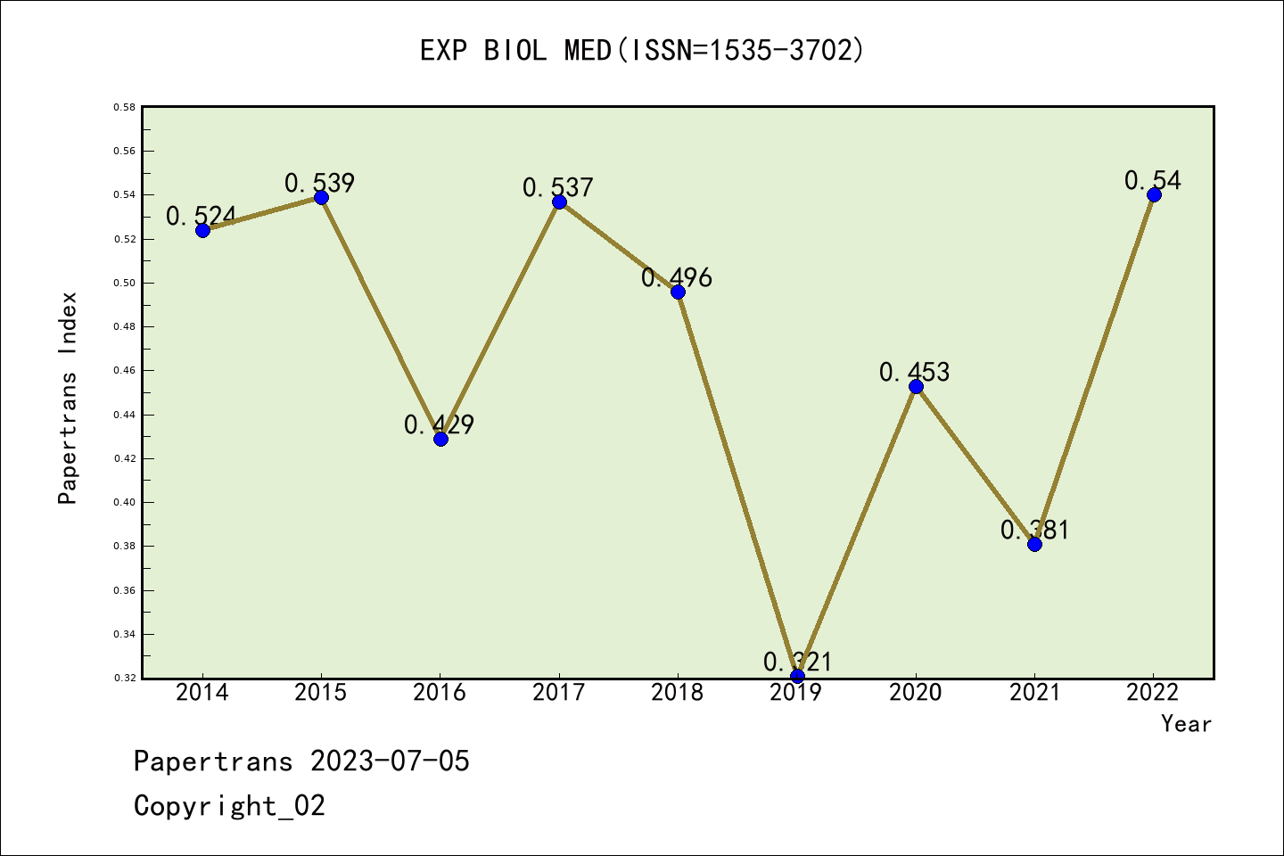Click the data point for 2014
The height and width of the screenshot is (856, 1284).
[x=202, y=230]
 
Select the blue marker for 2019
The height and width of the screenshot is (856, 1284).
[x=797, y=676]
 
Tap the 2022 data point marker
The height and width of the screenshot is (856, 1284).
[x=1154, y=194]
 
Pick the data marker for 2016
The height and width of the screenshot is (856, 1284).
[x=440, y=439]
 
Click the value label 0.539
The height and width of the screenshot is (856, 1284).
[x=320, y=183]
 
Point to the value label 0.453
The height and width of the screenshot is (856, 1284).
[x=915, y=372]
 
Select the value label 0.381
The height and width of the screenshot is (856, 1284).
[x=1034, y=530]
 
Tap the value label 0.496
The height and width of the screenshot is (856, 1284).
[x=677, y=277]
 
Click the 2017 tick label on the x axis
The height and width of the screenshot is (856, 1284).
[x=559, y=693]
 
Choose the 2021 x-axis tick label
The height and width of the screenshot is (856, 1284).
[x=1034, y=693]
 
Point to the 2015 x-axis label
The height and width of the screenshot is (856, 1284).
[x=321, y=693]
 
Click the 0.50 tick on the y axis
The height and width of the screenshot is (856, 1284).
[x=125, y=283]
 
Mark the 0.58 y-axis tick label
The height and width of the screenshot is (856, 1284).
[x=125, y=107]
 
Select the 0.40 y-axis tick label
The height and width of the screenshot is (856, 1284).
[x=125, y=502]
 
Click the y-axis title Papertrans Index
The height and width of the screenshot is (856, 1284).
[x=68, y=398]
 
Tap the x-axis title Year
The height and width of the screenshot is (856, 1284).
[x=1186, y=724]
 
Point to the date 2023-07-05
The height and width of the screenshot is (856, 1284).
[x=390, y=761]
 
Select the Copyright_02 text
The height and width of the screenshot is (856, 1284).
[x=229, y=806]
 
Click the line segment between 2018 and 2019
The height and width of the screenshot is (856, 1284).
[x=737, y=484]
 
